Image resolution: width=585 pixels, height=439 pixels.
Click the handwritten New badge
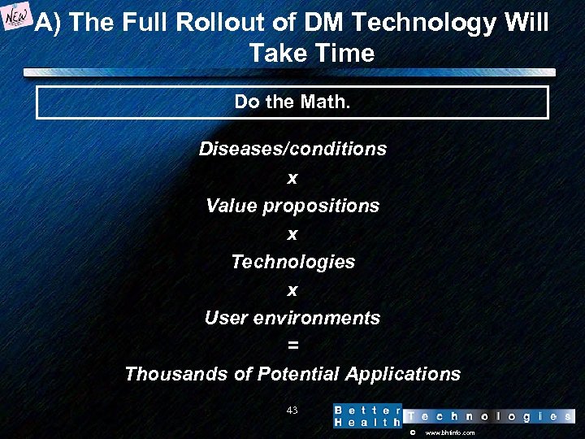click(16, 20)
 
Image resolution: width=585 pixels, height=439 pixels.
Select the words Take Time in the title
click(311, 54)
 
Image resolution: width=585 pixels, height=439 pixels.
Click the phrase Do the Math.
click(292, 102)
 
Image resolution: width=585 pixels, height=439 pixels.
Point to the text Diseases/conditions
click(292, 150)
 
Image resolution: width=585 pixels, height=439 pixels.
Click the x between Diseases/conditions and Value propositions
click(292, 178)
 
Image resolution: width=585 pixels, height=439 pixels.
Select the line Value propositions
click(292, 206)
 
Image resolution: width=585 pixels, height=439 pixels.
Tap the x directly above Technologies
click(292, 234)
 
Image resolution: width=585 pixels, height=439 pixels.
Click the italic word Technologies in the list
click(292, 262)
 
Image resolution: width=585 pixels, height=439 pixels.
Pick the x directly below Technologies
click(292, 290)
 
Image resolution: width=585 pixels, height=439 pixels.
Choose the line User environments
click(292, 318)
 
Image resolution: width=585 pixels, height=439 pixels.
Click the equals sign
click(292, 346)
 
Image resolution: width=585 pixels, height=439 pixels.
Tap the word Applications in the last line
click(402, 374)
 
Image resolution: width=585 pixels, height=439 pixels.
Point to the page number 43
click(292, 410)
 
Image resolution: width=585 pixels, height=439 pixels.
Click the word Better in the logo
click(367, 410)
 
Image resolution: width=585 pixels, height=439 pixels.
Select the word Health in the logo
click(367, 422)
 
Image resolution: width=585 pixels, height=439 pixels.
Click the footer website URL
click(449, 433)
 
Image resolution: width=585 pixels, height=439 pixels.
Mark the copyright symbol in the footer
click(412, 433)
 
